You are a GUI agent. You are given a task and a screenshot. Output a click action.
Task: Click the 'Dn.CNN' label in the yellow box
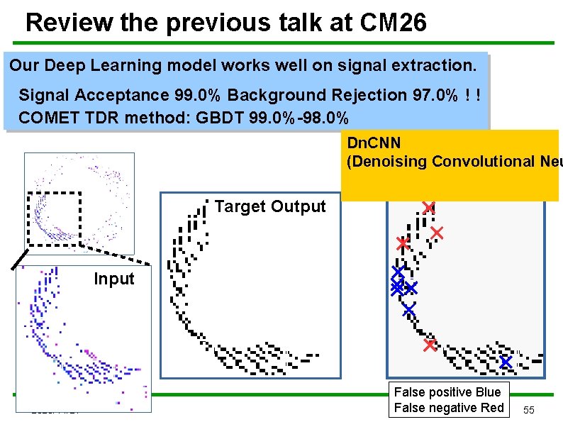click(374, 144)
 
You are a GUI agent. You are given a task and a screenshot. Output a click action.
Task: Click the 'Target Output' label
click(269, 206)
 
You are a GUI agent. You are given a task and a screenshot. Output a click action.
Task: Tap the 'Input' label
click(113, 279)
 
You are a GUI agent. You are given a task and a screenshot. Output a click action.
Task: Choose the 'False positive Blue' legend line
click(447, 392)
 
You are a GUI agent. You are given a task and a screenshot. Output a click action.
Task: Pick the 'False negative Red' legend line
click(448, 408)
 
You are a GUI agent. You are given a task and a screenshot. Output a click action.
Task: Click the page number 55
click(530, 411)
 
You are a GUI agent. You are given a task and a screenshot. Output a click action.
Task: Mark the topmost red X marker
click(428, 207)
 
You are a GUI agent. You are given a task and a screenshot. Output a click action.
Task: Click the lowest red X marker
click(430, 345)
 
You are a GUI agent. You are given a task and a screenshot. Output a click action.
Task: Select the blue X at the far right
click(505, 362)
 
